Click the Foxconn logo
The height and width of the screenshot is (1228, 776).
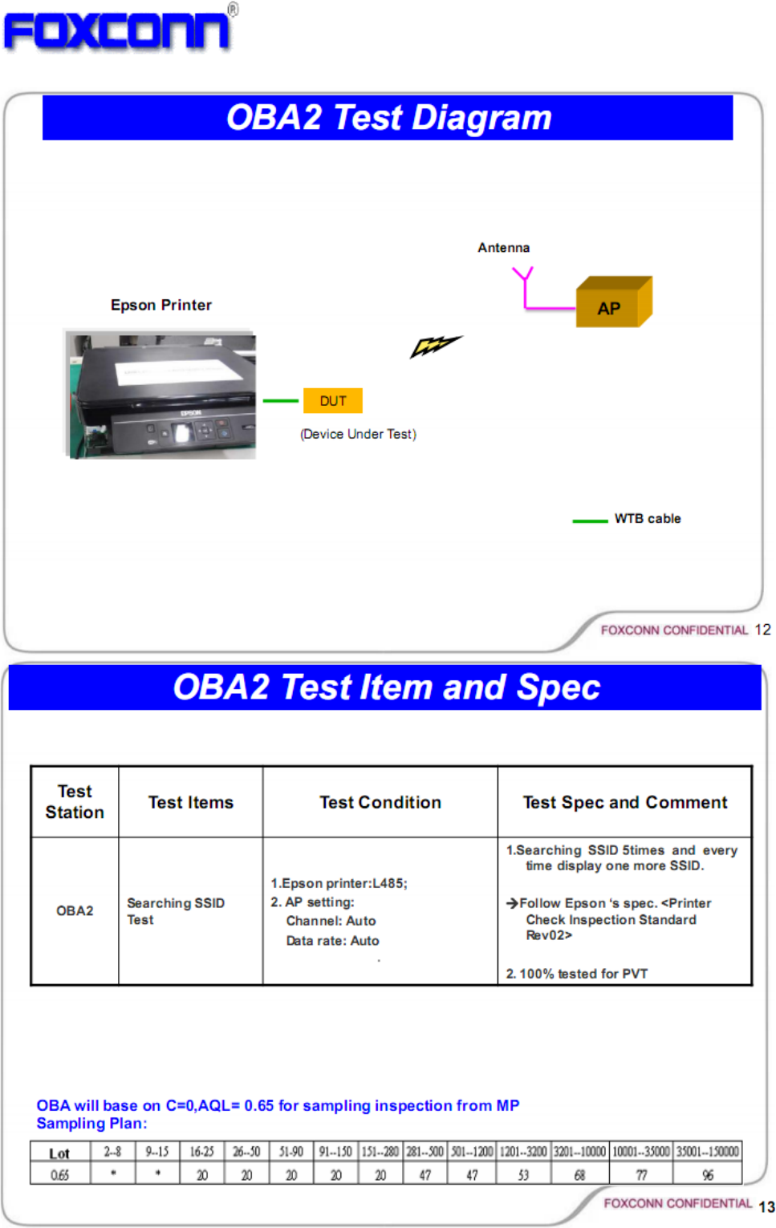point(119,30)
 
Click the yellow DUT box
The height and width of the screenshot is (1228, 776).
point(332,401)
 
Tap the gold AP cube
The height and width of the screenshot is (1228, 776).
point(612,303)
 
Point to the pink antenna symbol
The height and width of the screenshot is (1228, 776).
point(524,287)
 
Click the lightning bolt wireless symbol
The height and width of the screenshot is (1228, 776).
point(435,346)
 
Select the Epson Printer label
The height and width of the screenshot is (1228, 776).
point(161,305)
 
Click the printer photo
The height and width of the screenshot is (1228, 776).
point(160,395)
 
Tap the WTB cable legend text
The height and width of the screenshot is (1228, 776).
point(647,519)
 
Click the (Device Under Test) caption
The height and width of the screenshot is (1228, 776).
point(358,434)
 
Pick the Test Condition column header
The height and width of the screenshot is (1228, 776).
point(380,802)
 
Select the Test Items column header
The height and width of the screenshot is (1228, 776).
point(191,802)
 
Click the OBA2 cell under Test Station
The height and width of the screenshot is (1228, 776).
point(75,910)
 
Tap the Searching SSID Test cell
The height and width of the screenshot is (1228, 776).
point(175,911)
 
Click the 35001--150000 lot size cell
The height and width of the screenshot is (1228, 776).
point(707,1152)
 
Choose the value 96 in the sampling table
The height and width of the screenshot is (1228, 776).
point(707,1175)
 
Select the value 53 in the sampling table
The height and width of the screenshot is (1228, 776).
point(523,1175)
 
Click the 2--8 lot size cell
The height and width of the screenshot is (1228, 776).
point(112,1152)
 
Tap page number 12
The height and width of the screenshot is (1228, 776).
point(762,630)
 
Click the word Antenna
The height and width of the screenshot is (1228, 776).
point(503,248)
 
